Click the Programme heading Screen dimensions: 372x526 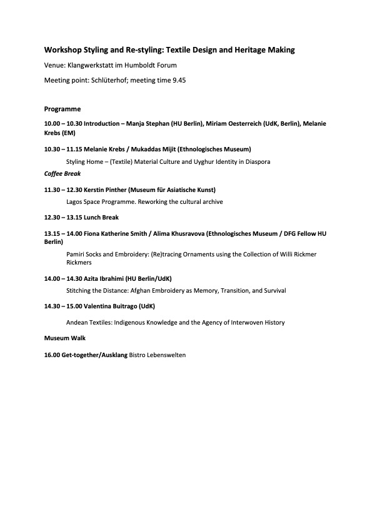[x=63, y=109]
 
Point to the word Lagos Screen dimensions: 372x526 [x=75, y=202]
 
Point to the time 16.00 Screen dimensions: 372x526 [x=52, y=355]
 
